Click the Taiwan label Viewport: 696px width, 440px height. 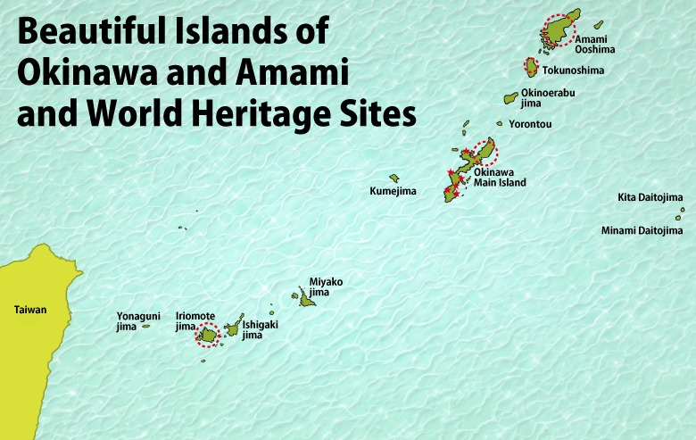pos(29,310)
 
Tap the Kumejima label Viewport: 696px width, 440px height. pos(394,191)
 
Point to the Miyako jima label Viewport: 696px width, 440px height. pos(326,286)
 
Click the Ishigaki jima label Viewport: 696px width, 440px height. pos(260,329)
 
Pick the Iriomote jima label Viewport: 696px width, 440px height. pos(195,320)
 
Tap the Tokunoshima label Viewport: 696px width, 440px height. pos(573,70)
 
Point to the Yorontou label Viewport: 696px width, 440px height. pos(530,124)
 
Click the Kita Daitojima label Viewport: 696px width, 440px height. pos(650,197)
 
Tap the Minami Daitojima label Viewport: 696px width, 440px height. pos(642,230)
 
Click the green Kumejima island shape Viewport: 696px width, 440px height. pos(394,178)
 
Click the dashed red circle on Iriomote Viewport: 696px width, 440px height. pos(208,335)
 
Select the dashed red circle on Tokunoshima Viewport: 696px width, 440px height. pos(530,68)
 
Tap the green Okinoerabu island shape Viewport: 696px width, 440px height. pos(511,97)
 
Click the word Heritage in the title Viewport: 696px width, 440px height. pos(272,114)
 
